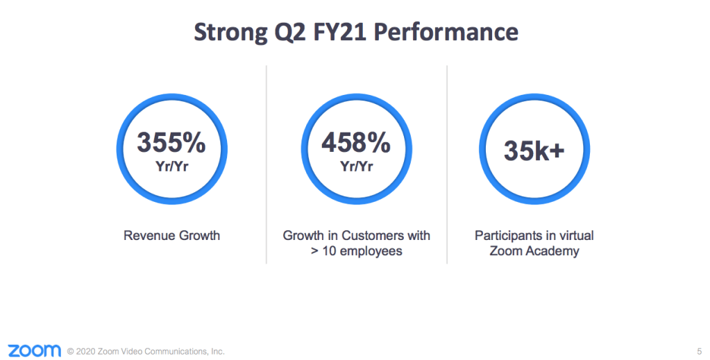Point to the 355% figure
(171, 143)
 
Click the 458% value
(355, 143)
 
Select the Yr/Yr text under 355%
(171, 166)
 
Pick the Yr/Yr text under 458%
(355, 166)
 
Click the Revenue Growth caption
(171, 236)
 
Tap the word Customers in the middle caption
(376, 236)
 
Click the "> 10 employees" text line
(356, 251)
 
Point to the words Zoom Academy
(534, 251)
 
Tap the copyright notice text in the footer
(146, 352)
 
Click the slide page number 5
(698, 351)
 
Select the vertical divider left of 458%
(267, 164)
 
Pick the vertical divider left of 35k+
(447, 164)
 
